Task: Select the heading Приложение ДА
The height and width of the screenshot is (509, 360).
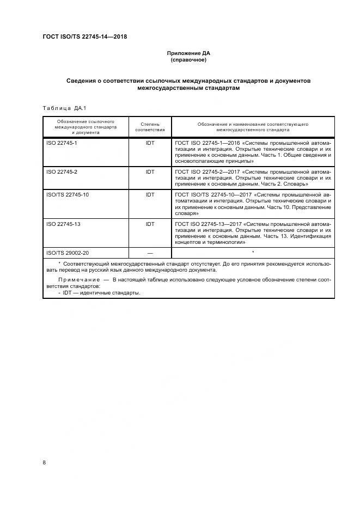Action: tap(188, 53)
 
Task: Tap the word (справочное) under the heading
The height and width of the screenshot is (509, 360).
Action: tap(188, 59)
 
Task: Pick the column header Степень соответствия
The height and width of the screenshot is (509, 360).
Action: tap(150, 127)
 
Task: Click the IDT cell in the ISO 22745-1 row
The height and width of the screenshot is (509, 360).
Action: tap(150, 143)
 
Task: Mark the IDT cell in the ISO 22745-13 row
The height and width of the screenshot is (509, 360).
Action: tap(150, 224)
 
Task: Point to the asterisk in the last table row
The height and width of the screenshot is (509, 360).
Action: tap(253, 252)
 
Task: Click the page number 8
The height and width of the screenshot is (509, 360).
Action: tap(44, 462)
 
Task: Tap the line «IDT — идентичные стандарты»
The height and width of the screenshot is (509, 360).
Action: tap(98, 292)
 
